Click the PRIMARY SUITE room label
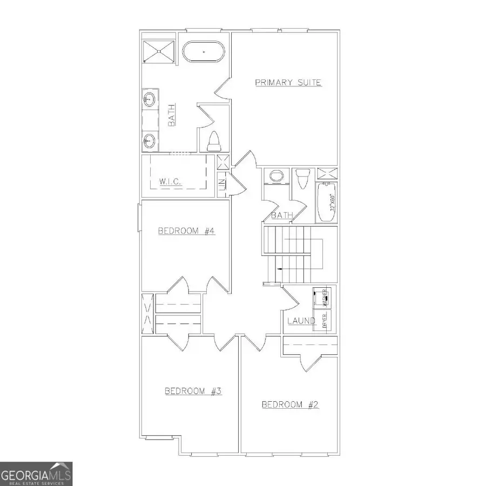click(288, 83)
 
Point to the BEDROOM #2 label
click(291, 404)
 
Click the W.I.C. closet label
click(170, 182)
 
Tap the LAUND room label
click(301, 321)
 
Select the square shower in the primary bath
click(159, 52)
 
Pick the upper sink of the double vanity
click(150, 100)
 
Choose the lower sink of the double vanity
click(150, 143)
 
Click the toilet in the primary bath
click(213, 141)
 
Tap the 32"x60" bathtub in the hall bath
click(327, 202)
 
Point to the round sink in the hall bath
click(276, 177)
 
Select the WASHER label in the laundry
click(325, 296)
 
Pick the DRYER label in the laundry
click(325, 321)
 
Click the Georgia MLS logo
click(36, 474)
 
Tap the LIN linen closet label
click(221, 183)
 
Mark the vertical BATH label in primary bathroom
click(171, 116)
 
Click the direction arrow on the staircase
click(279, 268)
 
